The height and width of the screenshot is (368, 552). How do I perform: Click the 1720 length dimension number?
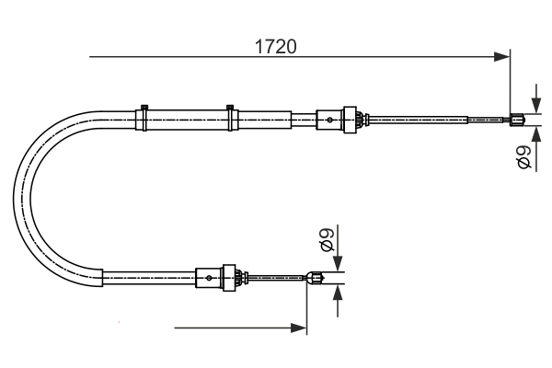click(275, 45)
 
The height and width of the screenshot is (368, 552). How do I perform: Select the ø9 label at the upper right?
click(523, 157)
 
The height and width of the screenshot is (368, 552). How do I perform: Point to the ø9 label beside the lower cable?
click(325, 241)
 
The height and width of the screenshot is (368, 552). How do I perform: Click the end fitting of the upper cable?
click(518, 118)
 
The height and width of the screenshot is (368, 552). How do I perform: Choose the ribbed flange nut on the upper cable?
click(349, 119)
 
